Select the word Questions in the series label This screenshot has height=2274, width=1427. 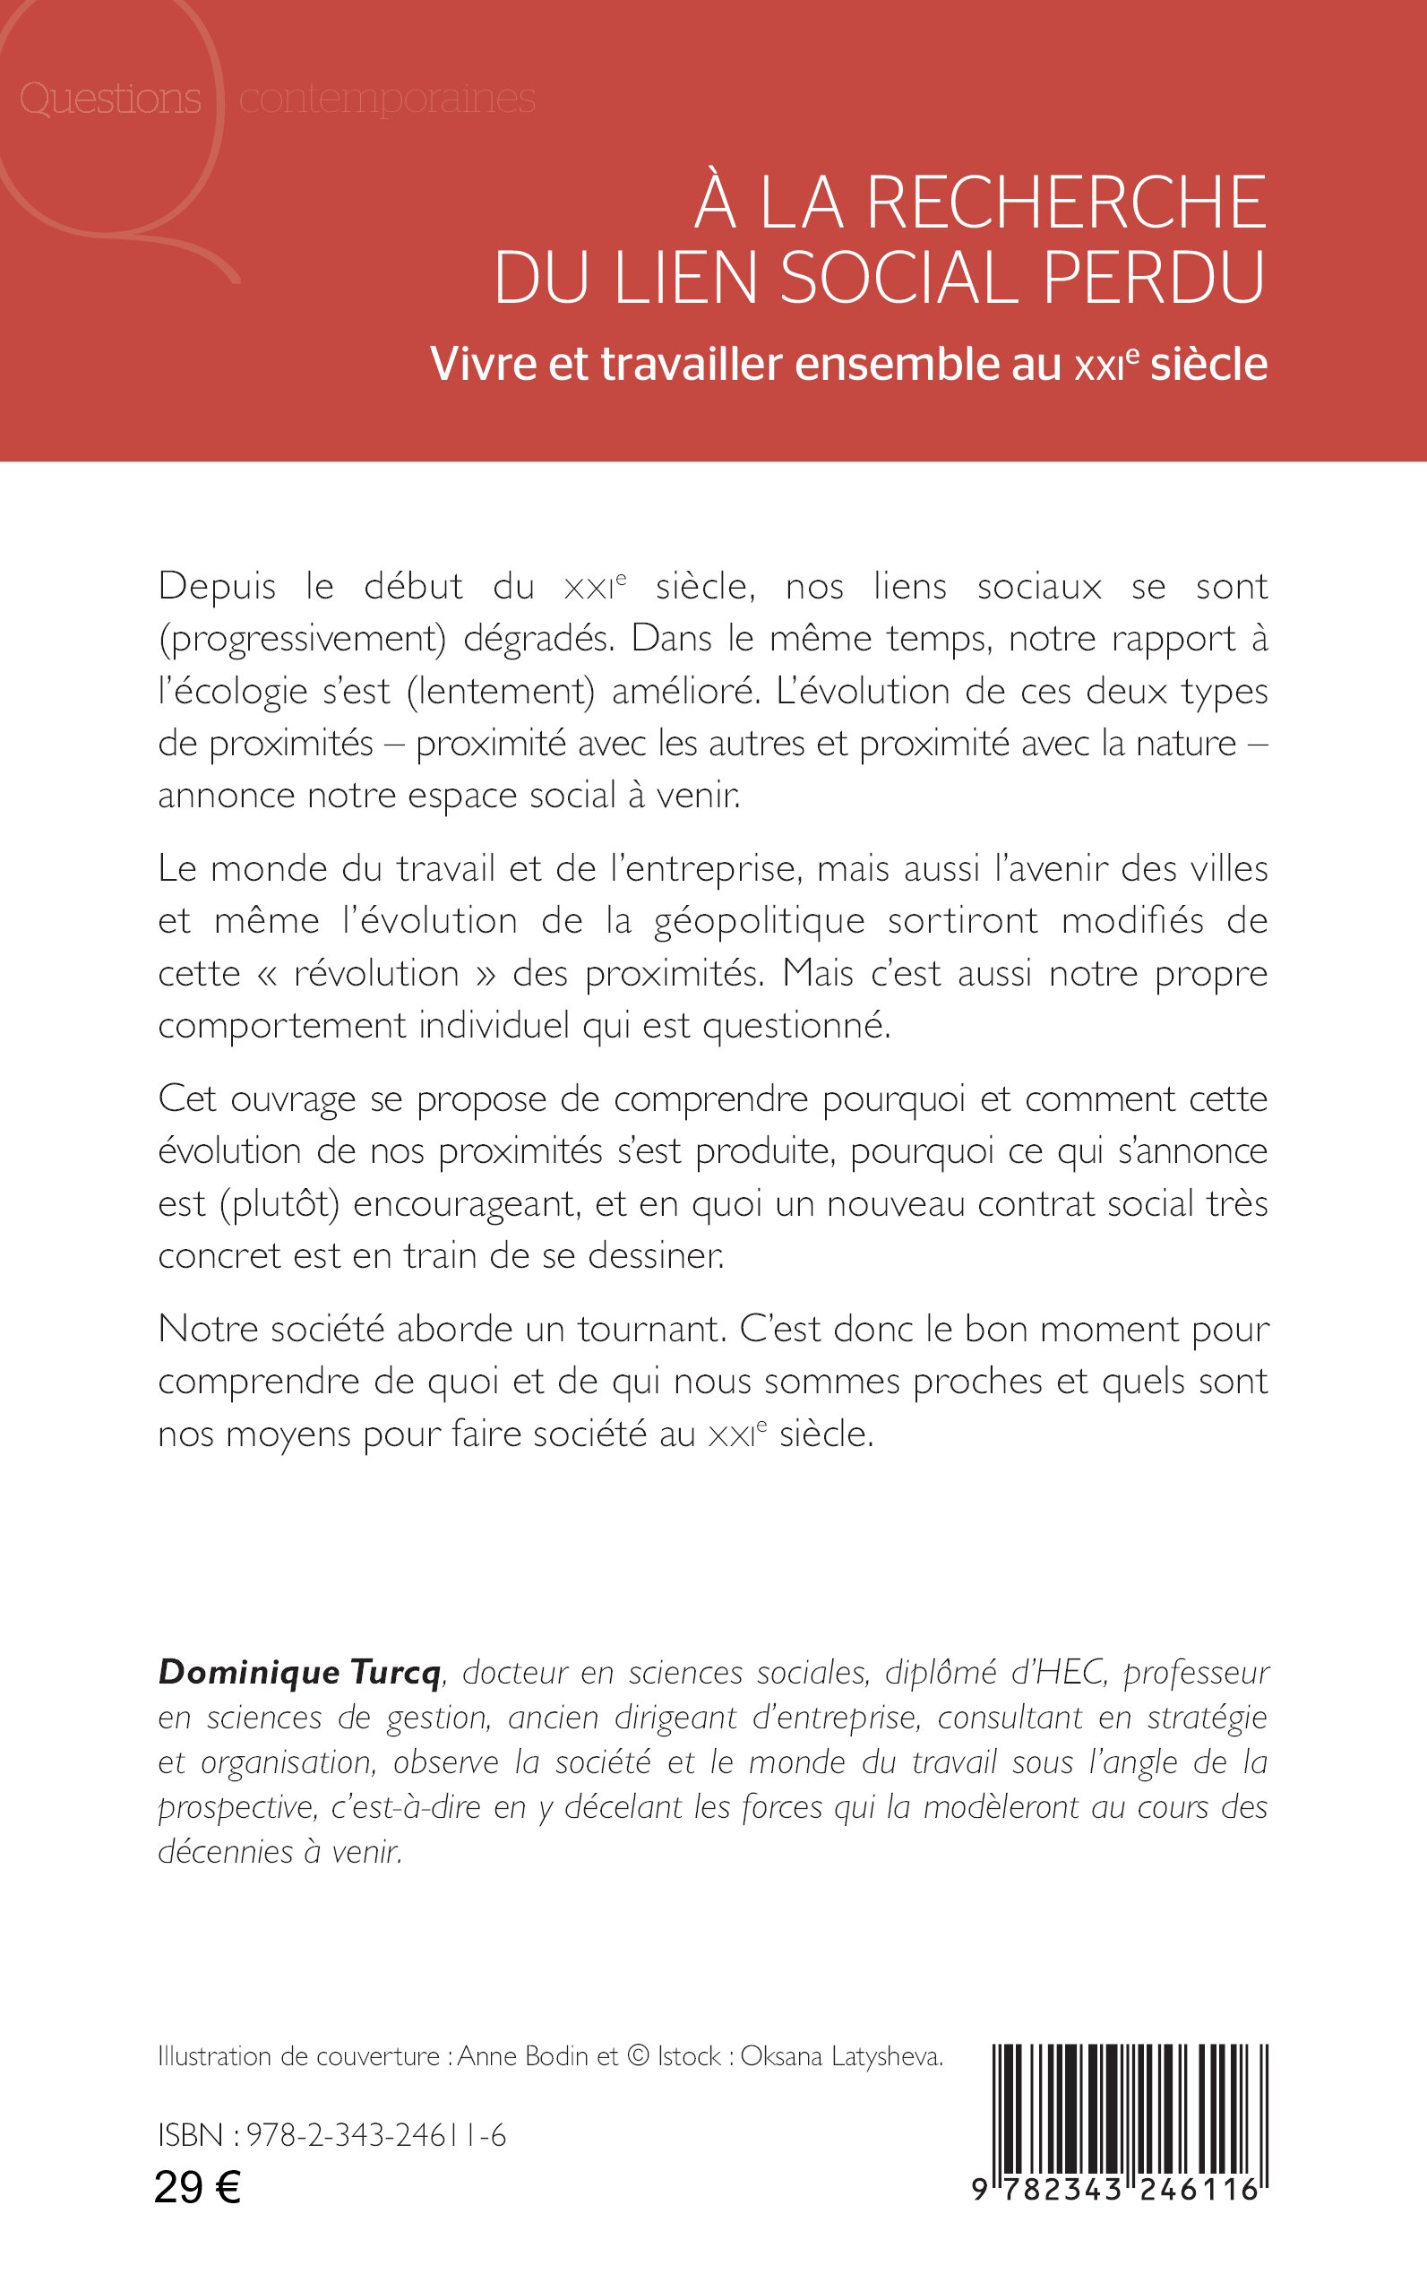coord(110,99)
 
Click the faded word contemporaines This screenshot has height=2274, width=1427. coord(387,99)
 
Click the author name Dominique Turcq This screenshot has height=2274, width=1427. coord(299,1672)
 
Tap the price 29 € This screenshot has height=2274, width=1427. coord(197,2185)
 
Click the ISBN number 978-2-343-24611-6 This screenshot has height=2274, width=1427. coord(375,2134)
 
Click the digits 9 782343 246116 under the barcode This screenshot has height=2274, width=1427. coord(1116,2188)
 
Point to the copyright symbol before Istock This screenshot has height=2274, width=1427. coord(638,2056)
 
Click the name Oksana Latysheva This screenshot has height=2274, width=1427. coord(841,2056)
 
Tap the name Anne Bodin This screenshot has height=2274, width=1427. coord(523,2056)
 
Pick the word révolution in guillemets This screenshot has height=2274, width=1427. coord(376,973)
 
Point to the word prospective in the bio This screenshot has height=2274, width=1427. coord(235,1806)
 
